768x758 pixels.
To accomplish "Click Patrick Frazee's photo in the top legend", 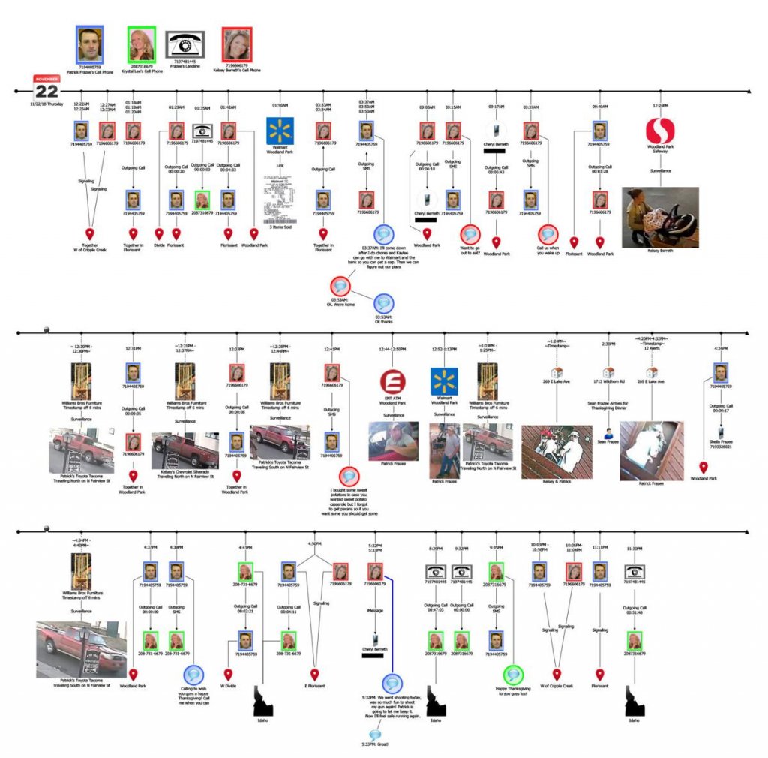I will coord(90,44).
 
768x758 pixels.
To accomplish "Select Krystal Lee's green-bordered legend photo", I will coord(141,45).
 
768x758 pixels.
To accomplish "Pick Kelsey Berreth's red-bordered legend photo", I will coord(237,45).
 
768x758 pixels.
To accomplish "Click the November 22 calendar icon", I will coord(46,87).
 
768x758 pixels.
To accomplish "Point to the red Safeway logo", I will coord(660,132).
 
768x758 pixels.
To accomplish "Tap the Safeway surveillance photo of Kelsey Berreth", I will coord(660,217).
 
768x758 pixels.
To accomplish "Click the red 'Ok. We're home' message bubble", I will coord(340,286).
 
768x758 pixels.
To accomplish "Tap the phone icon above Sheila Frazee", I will coord(721,432).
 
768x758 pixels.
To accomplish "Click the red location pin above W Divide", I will coord(228,674).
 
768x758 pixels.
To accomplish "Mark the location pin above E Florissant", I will coord(315,674).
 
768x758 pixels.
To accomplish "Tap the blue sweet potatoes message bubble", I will coord(349,476).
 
